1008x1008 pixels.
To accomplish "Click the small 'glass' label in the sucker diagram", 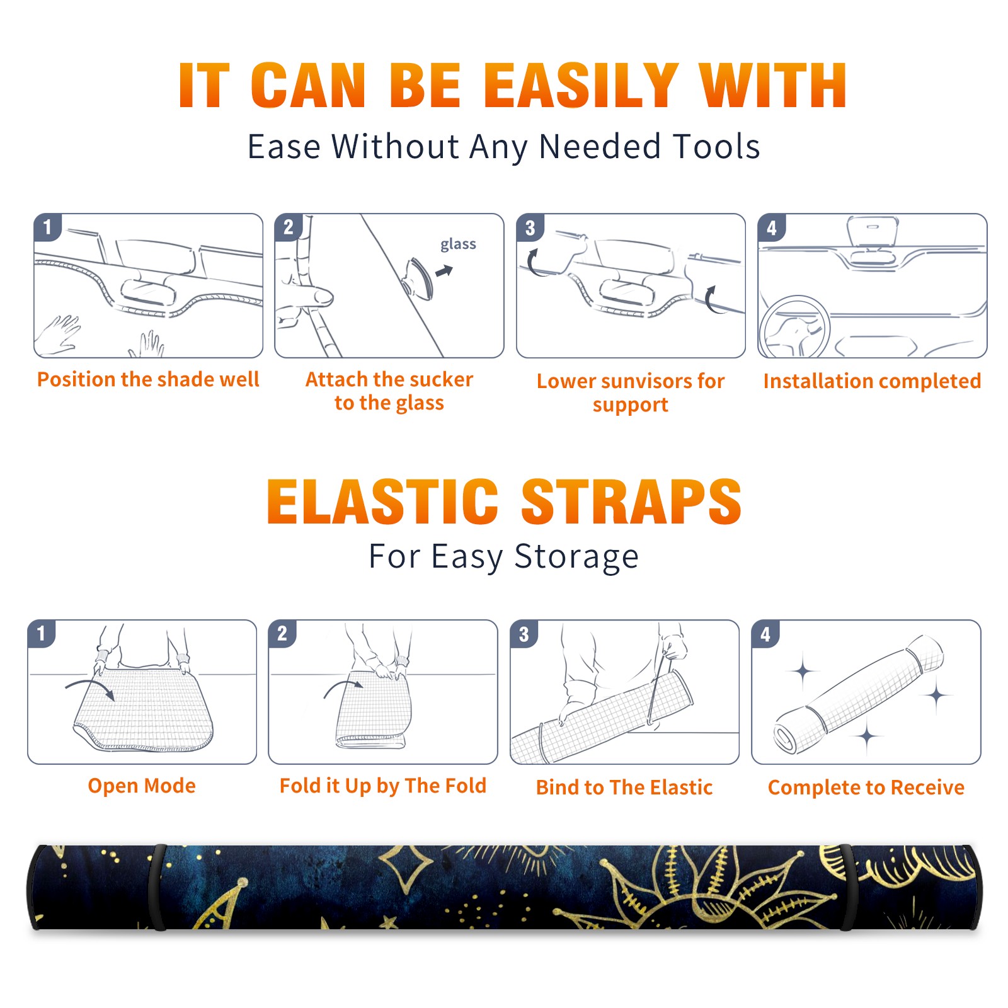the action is pyautogui.click(x=458, y=244).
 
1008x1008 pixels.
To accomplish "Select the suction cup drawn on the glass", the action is pyautogui.click(x=419, y=278).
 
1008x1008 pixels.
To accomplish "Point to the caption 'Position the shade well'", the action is pyautogui.click(x=148, y=379).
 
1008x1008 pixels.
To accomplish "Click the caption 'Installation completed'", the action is pyautogui.click(x=872, y=381).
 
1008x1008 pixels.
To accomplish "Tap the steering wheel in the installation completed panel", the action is pyautogui.click(x=794, y=326).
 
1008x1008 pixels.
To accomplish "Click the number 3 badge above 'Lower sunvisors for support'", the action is pyautogui.click(x=530, y=227).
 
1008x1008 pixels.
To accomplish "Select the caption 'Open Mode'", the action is pyautogui.click(x=142, y=786).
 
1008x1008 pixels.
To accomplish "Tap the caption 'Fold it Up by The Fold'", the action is pyautogui.click(x=383, y=786).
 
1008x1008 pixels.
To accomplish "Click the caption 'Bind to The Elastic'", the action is pyautogui.click(x=624, y=787).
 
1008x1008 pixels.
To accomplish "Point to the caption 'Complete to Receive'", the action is pyautogui.click(x=866, y=787).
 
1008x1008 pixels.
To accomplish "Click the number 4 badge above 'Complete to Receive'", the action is pyautogui.click(x=765, y=634).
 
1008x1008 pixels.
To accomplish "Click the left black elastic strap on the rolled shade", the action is pyautogui.click(x=157, y=887).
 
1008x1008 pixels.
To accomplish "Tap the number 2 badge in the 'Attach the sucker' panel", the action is pyautogui.click(x=289, y=227).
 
